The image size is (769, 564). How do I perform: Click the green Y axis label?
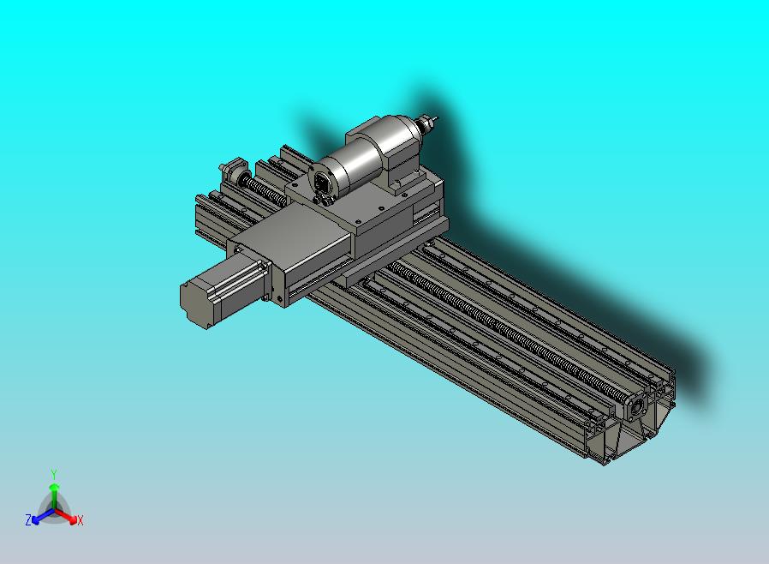pos(54,474)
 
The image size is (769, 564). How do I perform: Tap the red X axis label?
pos(80,520)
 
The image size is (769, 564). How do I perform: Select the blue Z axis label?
pos(28,519)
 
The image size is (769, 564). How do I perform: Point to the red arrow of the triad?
pos(69,517)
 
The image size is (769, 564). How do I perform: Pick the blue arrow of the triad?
pos(39,517)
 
